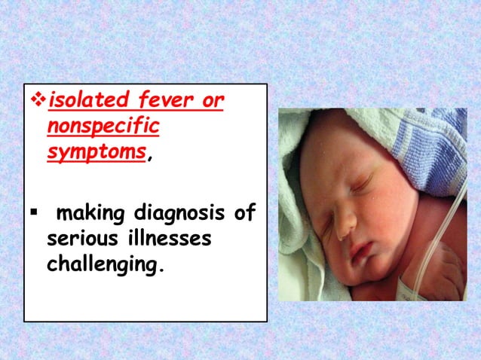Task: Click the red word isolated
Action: (82, 100)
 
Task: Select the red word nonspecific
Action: (103, 126)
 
